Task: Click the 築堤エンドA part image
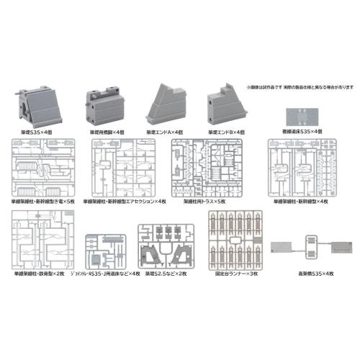[x=167, y=106]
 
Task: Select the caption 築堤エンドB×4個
[x=228, y=132]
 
